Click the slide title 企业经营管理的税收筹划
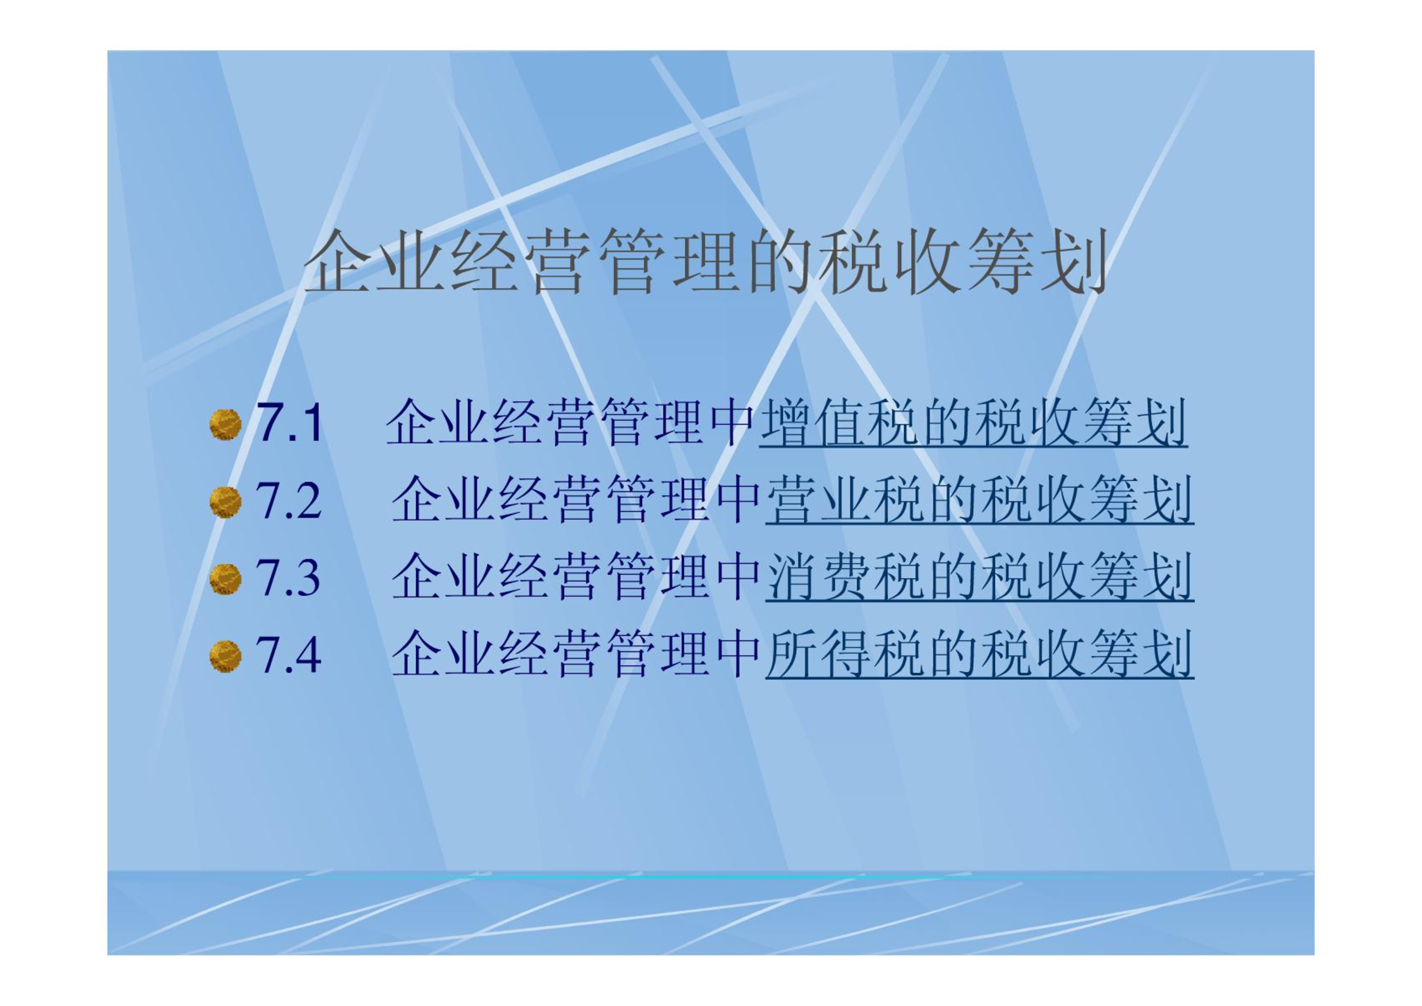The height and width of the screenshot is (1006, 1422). point(706,262)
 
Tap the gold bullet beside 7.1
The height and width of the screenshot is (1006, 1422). point(225,424)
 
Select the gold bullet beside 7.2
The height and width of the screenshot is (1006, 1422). point(225,502)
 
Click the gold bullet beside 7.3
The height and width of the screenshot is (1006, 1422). point(225,579)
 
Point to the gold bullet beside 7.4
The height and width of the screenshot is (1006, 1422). point(225,656)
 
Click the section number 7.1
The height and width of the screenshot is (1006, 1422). point(290,422)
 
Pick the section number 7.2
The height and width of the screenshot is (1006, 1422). point(289,500)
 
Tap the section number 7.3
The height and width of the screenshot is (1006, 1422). point(288,577)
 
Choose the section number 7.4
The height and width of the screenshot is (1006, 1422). point(289,654)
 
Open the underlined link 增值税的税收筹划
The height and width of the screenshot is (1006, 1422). point(973,422)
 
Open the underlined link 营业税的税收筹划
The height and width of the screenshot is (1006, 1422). point(979,500)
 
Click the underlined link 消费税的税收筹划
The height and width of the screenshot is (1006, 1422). point(979,577)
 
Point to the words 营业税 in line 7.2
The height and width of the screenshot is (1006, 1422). point(845,500)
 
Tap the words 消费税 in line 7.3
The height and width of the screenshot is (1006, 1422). point(845,577)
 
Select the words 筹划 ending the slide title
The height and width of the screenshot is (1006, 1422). point(1036,262)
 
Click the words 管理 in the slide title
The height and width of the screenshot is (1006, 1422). point(670,262)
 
